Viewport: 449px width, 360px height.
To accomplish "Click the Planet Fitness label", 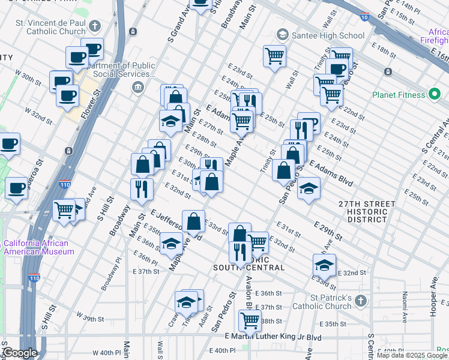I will click(x=398, y=95).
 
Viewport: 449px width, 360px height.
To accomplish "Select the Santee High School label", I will click(x=328, y=36).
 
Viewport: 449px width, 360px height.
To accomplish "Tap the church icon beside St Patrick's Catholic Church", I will click(x=360, y=299).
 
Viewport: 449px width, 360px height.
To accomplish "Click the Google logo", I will click(x=20, y=353).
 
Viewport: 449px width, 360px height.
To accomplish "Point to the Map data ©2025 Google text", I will click(x=412, y=355).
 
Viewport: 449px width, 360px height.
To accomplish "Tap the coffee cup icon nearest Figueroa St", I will click(x=16, y=187).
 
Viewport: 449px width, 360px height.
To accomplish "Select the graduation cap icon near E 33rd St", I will click(x=324, y=265).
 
